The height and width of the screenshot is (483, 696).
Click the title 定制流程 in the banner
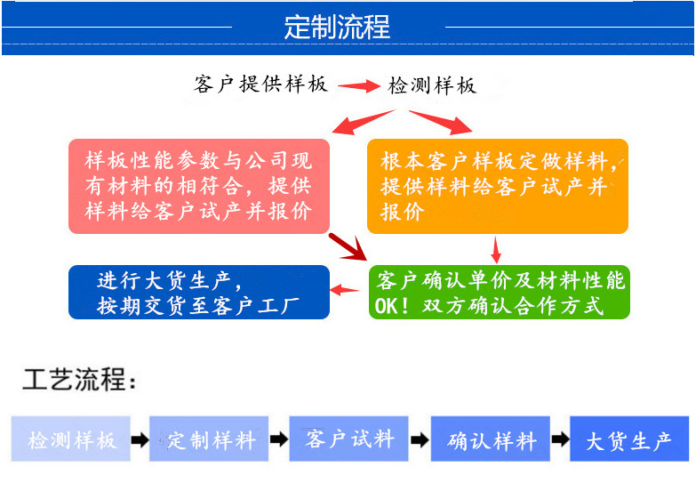pyautogui.click(x=337, y=27)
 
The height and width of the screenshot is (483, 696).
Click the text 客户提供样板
pyautogui.click(x=260, y=85)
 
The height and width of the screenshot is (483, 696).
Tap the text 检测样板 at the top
pyautogui.click(x=433, y=85)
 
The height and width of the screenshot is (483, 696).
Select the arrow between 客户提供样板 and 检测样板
pyautogui.click(x=358, y=86)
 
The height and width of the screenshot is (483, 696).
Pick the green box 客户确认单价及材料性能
pyautogui.click(x=500, y=293)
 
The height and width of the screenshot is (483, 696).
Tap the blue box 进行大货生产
pyautogui.click(x=198, y=293)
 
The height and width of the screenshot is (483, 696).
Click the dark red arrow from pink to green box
pyautogui.click(x=348, y=246)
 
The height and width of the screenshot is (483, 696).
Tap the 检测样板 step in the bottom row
pyautogui.click(x=71, y=439)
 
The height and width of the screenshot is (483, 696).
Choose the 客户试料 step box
pyautogui.click(x=349, y=439)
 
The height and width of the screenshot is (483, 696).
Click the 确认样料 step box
pyautogui.click(x=491, y=439)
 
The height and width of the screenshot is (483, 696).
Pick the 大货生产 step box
pyautogui.click(x=628, y=439)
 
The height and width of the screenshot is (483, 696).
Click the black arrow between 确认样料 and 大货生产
pyautogui.click(x=560, y=440)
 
